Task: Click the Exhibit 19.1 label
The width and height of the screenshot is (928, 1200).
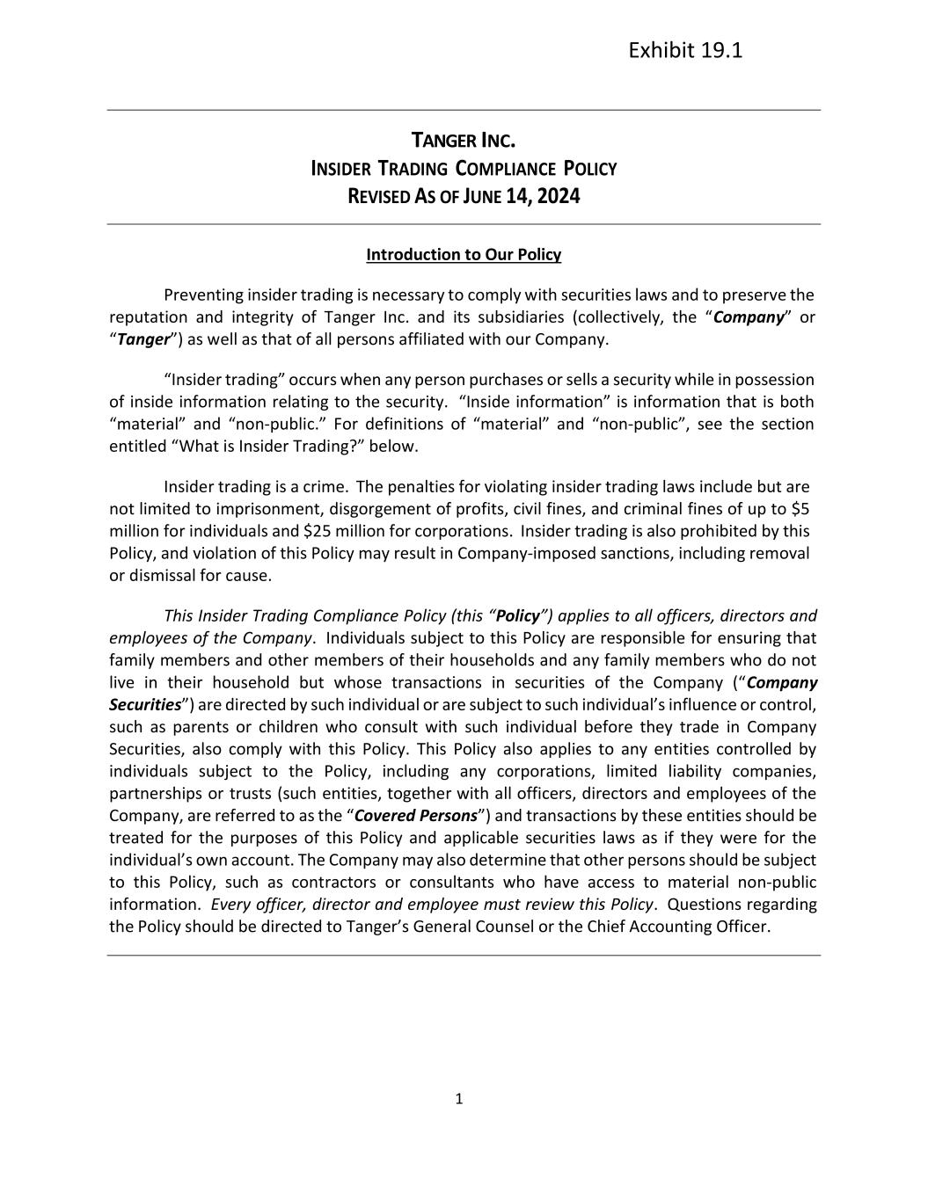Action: pyautogui.click(x=685, y=50)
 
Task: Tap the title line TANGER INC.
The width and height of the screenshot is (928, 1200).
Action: pyautogui.click(x=464, y=141)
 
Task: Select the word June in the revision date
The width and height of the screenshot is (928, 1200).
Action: pyautogui.click(x=485, y=196)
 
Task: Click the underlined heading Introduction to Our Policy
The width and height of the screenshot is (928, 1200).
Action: pyautogui.click(x=464, y=255)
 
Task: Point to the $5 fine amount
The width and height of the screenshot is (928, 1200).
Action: pyautogui.click(x=800, y=509)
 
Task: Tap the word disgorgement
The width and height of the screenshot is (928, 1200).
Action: pyautogui.click(x=334, y=509)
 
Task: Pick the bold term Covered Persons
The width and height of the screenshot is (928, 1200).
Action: pyautogui.click(x=415, y=816)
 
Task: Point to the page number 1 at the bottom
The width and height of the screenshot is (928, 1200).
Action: pyautogui.click(x=458, y=1099)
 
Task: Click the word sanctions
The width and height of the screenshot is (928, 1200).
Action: pyautogui.click(x=644, y=554)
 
